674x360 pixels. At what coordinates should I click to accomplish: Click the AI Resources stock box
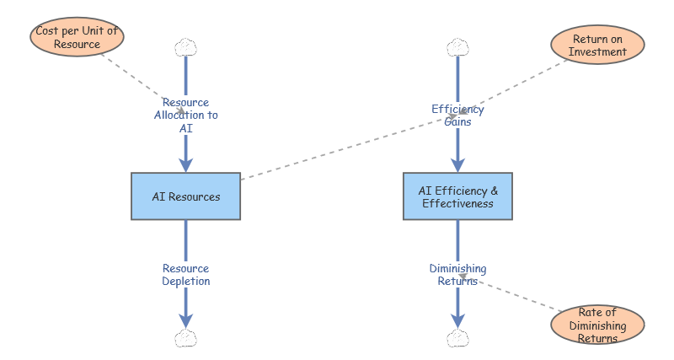click(186, 196)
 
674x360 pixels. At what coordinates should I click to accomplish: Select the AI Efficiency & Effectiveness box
click(457, 196)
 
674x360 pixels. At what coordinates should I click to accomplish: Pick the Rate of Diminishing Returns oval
click(596, 325)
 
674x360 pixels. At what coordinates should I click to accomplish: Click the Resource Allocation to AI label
click(186, 116)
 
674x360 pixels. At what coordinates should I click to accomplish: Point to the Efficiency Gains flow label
click(457, 116)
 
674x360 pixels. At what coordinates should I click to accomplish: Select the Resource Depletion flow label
click(186, 275)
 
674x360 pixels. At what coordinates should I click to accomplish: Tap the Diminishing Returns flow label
click(457, 275)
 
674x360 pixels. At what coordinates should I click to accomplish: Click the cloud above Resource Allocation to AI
click(185, 46)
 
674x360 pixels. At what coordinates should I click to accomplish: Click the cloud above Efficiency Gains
click(457, 46)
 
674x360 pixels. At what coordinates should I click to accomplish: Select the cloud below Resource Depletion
click(185, 339)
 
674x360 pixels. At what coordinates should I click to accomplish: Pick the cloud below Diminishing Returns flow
click(457, 339)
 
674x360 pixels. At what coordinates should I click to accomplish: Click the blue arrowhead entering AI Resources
click(186, 164)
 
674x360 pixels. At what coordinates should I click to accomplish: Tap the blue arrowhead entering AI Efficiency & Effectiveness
click(457, 164)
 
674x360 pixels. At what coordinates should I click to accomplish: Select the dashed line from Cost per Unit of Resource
click(139, 80)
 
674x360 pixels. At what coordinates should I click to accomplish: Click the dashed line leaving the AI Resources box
click(337, 148)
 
